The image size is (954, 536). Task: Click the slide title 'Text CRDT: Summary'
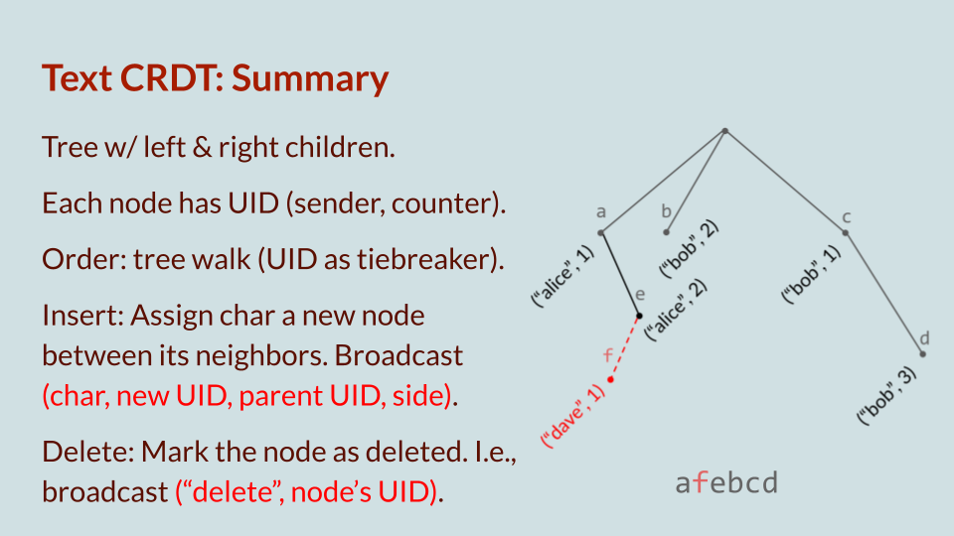pyautogui.click(x=215, y=78)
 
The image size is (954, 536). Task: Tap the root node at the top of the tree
pyautogui.click(x=725, y=131)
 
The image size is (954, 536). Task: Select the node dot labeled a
pyautogui.click(x=601, y=233)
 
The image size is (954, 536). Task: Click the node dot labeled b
pyautogui.click(x=667, y=233)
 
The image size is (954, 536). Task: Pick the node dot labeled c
pyautogui.click(x=846, y=233)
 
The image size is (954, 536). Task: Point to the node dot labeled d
pyautogui.click(x=923, y=353)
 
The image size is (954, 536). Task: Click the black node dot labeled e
pyautogui.click(x=639, y=316)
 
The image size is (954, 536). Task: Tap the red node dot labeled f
pyautogui.click(x=611, y=379)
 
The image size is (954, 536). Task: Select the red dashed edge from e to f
pyautogui.click(x=626, y=346)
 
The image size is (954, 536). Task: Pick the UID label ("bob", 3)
pyautogui.click(x=886, y=396)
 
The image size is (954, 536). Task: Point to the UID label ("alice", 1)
pyautogui.click(x=562, y=277)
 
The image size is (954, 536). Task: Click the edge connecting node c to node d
pyautogui.click(x=884, y=294)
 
